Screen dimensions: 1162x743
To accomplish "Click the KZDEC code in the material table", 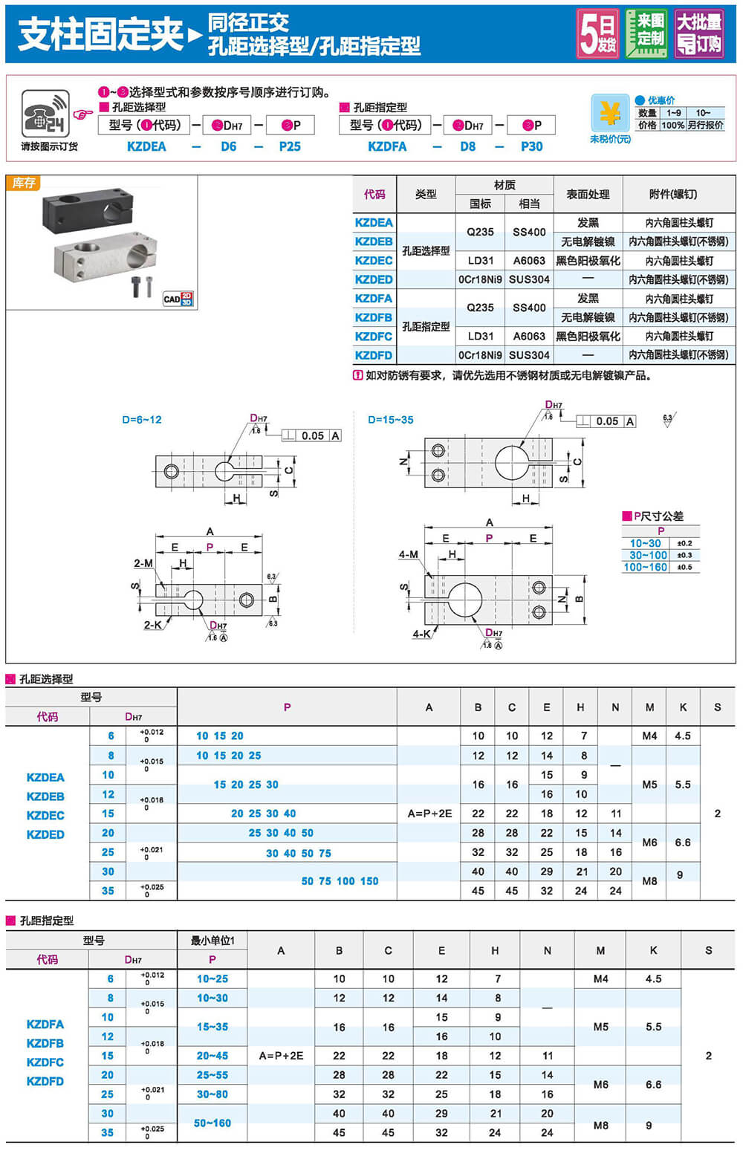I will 374,261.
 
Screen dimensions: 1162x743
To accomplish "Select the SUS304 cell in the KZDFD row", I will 529,355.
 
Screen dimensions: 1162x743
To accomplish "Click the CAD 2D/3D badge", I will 178,299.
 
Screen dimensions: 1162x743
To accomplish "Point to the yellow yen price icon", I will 610,114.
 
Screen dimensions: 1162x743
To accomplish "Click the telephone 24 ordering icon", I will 45,114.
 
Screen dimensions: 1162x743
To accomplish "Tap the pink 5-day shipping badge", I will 598,33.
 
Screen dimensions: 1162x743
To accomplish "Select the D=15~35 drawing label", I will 391,420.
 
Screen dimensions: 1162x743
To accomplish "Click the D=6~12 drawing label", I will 142,420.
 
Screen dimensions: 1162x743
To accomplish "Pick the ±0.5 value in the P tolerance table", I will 684,567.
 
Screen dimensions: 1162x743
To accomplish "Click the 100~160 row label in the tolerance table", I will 645,567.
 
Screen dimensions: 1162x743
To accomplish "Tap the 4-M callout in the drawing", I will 408,554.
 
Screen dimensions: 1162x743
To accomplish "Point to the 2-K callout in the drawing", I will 152,625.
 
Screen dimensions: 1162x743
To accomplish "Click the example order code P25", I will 290,146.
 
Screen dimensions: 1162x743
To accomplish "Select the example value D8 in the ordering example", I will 467,146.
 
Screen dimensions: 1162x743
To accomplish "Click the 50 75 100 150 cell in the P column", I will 340,881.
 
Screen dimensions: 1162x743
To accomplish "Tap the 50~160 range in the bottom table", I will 212,1123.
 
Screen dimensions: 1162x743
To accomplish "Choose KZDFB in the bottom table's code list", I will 45,1043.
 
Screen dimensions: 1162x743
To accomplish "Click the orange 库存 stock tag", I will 24,183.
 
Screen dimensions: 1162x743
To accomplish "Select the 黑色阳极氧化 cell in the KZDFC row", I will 588,337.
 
